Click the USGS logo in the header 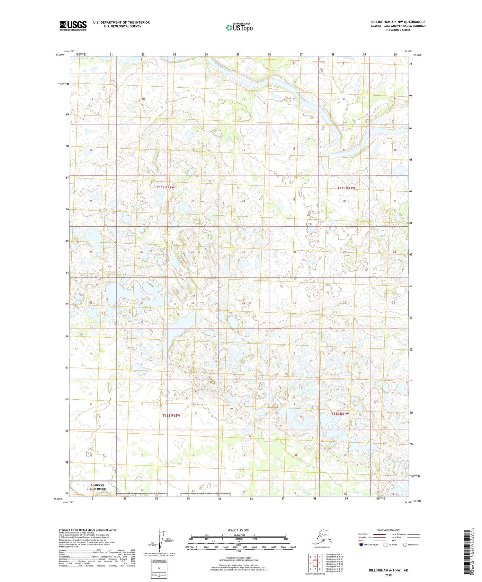[x=73, y=26]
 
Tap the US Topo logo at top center [x=239, y=27]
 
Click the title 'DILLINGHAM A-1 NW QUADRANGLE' [x=398, y=22]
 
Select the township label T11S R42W [x=165, y=187]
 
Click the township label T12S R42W [x=171, y=415]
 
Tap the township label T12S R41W [x=340, y=414]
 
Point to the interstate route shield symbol [x=362, y=545]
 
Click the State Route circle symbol [x=406, y=545]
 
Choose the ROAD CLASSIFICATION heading [x=388, y=530]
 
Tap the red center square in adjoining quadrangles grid [x=315, y=563]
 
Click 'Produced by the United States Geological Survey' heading [x=87, y=530]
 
